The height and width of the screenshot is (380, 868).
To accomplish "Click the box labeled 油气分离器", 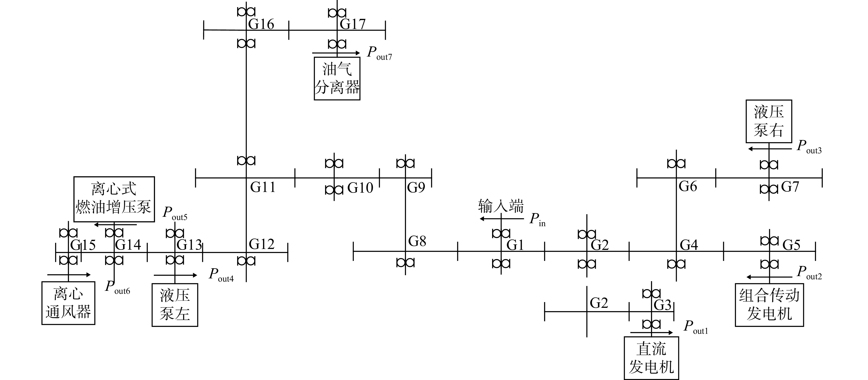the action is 337,79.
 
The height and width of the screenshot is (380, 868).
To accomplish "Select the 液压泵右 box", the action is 769,121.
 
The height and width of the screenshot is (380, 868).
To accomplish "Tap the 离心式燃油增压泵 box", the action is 114,199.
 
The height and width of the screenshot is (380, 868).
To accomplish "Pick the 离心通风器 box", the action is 68,303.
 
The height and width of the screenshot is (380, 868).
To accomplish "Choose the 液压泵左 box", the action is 175,305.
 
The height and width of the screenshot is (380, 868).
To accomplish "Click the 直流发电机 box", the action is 651,358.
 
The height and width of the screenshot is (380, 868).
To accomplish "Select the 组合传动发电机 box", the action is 769,305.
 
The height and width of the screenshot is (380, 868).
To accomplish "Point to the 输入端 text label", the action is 501,206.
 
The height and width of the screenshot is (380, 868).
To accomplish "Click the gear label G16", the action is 261,24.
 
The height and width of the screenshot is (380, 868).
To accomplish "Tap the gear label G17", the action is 352,24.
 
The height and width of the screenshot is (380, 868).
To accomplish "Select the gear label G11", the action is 263,187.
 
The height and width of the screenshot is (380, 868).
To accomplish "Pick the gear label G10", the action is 360,188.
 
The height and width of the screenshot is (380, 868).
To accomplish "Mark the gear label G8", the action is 417,241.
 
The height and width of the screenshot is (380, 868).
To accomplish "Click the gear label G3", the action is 663,305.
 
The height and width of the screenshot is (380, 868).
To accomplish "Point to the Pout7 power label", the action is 379,53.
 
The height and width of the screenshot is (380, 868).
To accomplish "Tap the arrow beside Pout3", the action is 770,149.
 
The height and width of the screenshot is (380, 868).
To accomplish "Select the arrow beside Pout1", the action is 651,333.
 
